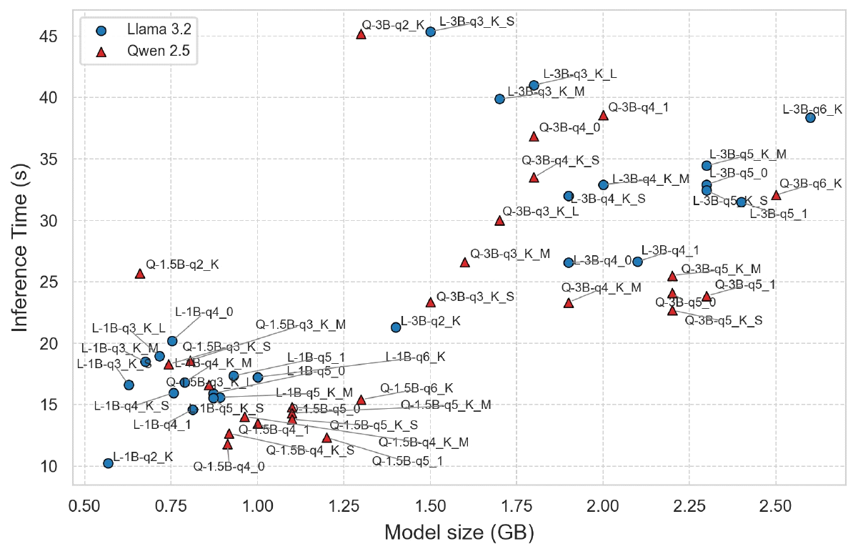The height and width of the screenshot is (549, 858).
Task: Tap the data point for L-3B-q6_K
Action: coord(810,118)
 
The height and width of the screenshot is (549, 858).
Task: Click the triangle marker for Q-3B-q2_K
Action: coord(361,34)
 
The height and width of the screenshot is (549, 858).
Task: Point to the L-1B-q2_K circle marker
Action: coord(108,463)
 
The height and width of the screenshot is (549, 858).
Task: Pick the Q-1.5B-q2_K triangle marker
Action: coord(139,273)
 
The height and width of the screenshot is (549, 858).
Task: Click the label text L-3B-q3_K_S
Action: coord(477,21)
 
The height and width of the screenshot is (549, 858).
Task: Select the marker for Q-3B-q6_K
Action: coord(776,195)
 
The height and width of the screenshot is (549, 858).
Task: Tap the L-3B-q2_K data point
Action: coord(396,327)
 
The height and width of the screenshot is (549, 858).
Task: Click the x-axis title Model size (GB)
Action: coord(459,532)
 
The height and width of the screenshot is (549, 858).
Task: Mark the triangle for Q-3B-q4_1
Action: coord(603,114)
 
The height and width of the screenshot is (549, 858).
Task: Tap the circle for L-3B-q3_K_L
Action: coord(534,85)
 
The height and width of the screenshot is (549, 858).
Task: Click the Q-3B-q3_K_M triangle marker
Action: coord(464,262)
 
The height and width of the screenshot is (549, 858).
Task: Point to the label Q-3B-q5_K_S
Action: coord(724,320)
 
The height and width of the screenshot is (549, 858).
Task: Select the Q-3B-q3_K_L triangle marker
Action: coord(499,221)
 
